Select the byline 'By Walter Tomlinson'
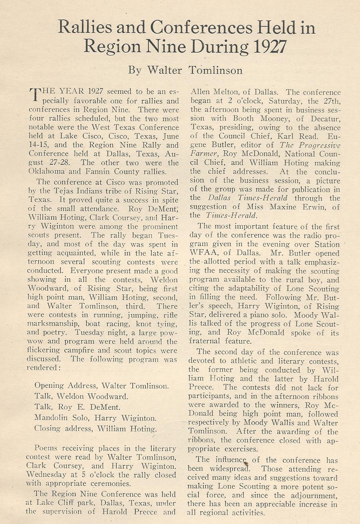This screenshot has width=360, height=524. coord(185,70)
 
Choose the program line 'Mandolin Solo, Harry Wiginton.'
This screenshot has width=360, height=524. coord(95,418)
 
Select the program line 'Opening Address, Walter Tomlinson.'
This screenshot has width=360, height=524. coord(102,386)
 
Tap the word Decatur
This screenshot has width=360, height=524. coord(324,119)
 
